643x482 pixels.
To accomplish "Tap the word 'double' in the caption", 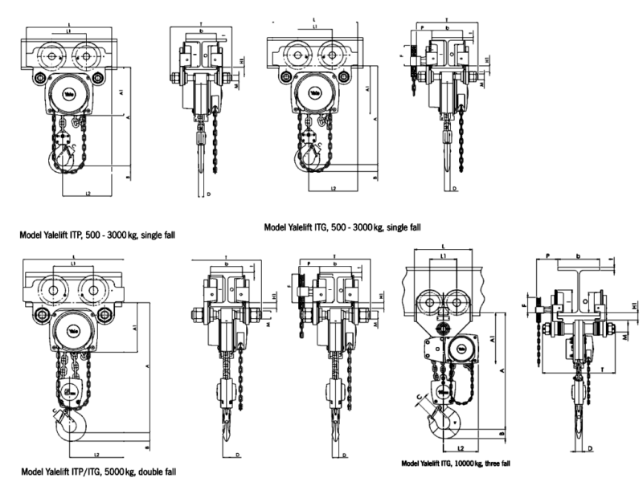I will (x=158, y=472).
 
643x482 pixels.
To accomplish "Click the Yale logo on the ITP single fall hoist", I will (x=61, y=93).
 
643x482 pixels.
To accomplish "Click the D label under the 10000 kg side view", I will (x=589, y=447).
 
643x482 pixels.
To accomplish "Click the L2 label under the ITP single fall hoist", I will (x=88, y=194).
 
